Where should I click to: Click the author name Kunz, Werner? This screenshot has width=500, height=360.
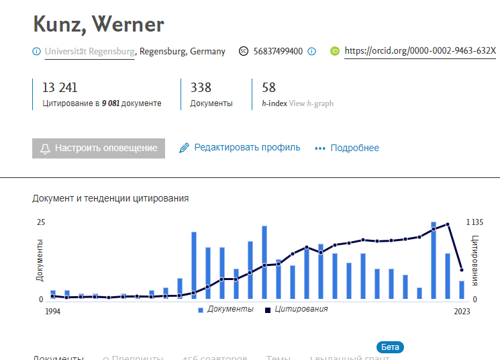(99, 25)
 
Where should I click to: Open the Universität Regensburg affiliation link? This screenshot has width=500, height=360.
(89, 51)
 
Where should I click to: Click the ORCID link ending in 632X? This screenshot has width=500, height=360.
(419, 51)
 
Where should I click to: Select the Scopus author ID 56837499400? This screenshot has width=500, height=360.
(278, 51)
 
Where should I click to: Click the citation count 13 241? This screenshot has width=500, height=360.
(60, 87)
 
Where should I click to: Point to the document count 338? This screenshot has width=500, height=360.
(201, 87)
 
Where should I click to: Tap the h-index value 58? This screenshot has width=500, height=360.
(268, 87)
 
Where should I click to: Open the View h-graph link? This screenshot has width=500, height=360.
(311, 104)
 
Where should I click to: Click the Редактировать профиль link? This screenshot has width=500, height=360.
(247, 148)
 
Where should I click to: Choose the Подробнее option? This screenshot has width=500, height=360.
(354, 148)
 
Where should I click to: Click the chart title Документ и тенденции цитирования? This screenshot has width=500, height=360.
(110, 198)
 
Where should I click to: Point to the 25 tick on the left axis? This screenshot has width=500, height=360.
(41, 222)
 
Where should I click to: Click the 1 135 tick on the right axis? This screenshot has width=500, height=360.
(474, 222)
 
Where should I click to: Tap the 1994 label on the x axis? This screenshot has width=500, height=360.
(53, 312)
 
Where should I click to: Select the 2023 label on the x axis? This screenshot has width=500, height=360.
(462, 312)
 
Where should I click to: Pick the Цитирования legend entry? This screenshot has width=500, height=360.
(301, 309)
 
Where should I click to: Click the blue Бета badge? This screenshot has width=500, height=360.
(390, 347)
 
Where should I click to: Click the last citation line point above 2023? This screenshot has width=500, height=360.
(462, 270)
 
